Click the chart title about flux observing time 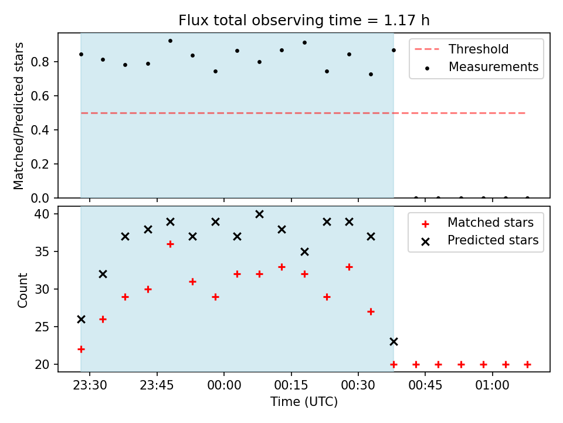tap(304, 20)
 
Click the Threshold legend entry tap(462, 49)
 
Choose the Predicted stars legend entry tap(480, 240)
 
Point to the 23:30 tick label tap(90, 385)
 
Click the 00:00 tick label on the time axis tap(224, 385)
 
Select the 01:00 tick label tap(492, 385)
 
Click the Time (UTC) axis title tap(304, 402)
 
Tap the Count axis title tap(22, 290)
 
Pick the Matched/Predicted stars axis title tap(18, 116)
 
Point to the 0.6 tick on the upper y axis tap(40, 96)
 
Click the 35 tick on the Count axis tap(42, 251)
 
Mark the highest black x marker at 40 tap(259, 214)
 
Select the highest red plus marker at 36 tap(170, 244)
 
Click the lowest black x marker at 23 tap(394, 342)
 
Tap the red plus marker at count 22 tap(81, 349)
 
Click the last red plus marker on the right tap(527, 364)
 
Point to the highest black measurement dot tap(170, 41)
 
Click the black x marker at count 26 tap(81, 320)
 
